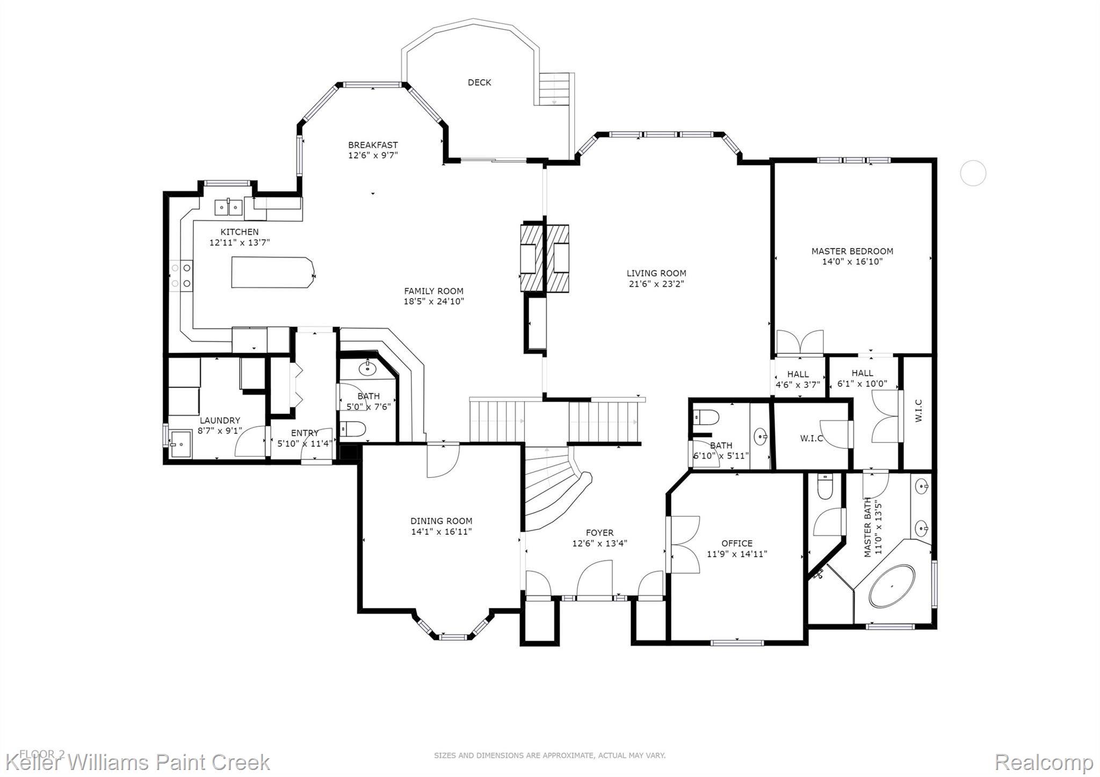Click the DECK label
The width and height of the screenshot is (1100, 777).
click(x=479, y=82)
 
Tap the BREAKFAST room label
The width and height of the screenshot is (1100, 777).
click(x=373, y=145)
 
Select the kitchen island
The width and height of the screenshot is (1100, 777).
click(x=273, y=273)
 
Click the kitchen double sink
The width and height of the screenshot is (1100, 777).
click(x=229, y=206)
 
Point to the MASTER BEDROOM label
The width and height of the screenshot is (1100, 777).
click(x=852, y=251)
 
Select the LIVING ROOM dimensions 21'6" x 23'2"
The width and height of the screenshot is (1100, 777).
click(x=656, y=284)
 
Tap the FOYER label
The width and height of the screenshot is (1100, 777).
click(x=599, y=533)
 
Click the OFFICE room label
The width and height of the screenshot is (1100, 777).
click(x=737, y=543)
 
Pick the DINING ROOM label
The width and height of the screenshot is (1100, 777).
click(x=442, y=521)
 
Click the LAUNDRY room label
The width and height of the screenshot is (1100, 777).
click(x=220, y=420)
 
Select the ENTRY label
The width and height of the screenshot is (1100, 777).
click(x=305, y=433)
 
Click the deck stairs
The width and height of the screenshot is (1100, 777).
click(x=554, y=89)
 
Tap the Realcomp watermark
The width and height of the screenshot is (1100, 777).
click(x=1044, y=762)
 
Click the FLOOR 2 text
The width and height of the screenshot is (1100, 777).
click(x=42, y=754)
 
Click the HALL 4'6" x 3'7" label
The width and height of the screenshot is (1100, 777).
click(x=798, y=380)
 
